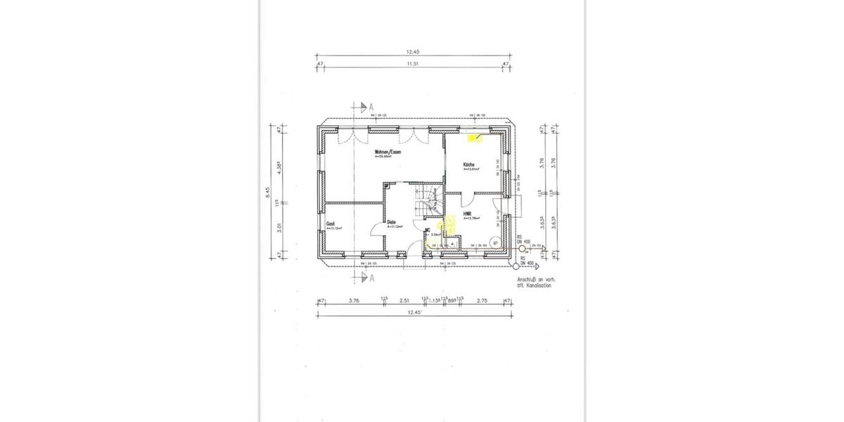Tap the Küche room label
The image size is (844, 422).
click(x=469, y=165)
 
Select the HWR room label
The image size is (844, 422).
click(x=467, y=212)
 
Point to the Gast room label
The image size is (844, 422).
click(x=330, y=224)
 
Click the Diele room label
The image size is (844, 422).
click(x=391, y=222)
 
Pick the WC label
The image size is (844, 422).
click(x=427, y=229)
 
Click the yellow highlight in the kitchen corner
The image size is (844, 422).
click(x=475, y=138)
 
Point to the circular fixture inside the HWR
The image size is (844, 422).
click(x=496, y=243)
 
